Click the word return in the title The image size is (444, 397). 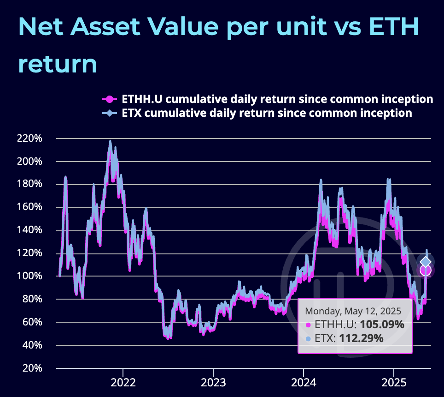(58, 64)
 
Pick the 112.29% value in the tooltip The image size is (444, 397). (361, 338)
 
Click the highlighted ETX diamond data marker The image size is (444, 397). (426, 262)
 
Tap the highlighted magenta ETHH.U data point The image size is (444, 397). (426, 271)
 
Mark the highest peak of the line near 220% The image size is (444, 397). (110, 141)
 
